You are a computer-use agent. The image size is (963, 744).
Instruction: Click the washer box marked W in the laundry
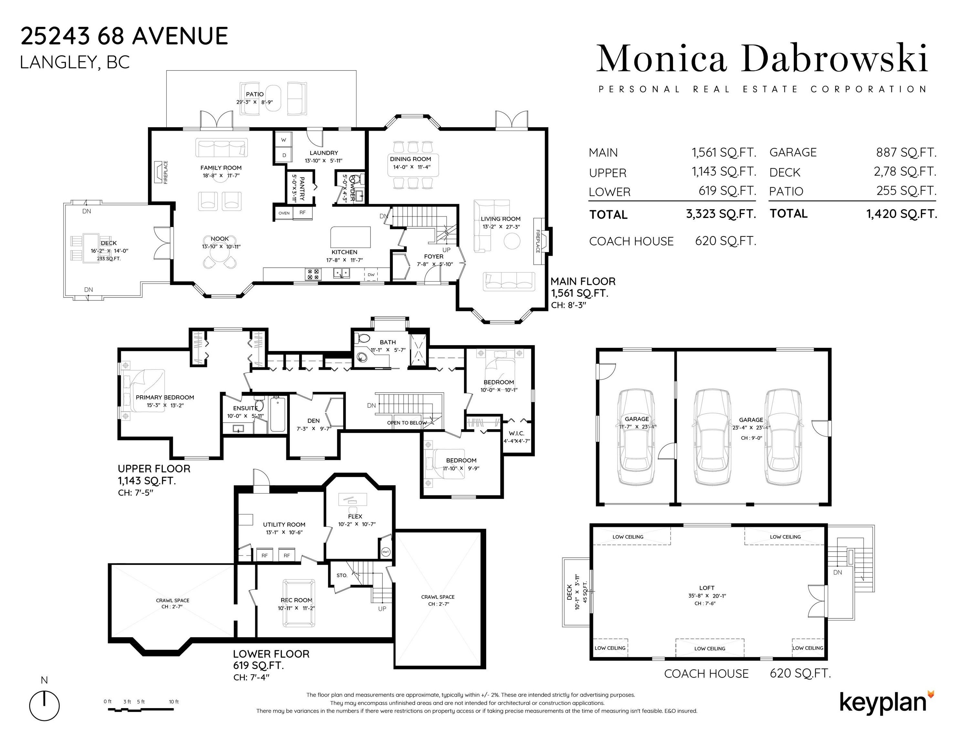(284, 140)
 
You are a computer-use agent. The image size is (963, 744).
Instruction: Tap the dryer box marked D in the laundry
(284, 155)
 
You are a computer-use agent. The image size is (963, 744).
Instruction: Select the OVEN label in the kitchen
(284, 213)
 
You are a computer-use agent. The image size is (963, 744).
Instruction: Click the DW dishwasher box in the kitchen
(371, 274)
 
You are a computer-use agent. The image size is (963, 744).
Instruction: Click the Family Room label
(221, 168)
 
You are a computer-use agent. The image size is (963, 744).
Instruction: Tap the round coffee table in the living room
(512, 241)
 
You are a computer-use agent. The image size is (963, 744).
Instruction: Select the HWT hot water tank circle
(386, 552)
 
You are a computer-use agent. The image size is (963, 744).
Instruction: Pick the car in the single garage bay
(636, 437)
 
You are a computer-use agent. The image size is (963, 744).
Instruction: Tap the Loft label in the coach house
(707, 587)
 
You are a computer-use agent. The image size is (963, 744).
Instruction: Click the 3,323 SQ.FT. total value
(721, 214)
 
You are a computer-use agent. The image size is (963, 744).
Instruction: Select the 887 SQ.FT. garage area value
(906, 152)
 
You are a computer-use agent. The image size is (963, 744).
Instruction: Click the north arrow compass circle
(45, 706)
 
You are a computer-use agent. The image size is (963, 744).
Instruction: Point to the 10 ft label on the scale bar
(174, 702)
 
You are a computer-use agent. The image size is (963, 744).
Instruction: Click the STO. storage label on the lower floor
(342, 575)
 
